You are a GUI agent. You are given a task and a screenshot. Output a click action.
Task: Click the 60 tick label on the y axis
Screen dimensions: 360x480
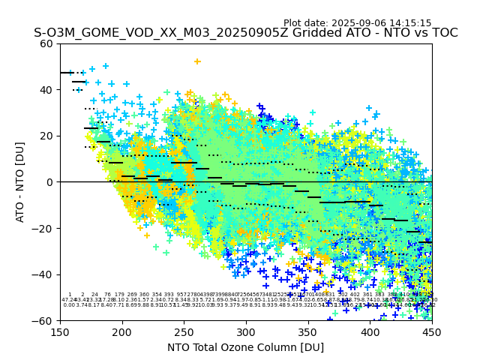click(47, 43)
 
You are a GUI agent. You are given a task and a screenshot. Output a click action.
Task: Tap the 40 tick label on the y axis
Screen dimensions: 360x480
click(47, 90)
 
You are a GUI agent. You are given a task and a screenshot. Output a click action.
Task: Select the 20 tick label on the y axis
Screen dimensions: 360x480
click(47, 136)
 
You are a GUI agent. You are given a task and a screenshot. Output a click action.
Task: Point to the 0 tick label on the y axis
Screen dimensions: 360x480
click(50, 182)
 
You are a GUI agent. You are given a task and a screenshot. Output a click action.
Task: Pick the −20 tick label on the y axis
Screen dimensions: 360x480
click(44, 228)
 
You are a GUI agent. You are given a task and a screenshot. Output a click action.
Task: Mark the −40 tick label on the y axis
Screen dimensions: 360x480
click(44, 274)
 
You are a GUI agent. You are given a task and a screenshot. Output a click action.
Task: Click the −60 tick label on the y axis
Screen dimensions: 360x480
click(44, 320)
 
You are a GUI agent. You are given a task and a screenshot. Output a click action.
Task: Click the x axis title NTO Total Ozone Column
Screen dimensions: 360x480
click(246, 347)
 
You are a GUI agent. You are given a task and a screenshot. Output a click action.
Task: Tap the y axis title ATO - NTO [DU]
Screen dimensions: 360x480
click(20, 182)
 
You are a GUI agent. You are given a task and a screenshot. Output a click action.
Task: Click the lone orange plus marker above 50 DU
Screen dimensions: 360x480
click(197, 61)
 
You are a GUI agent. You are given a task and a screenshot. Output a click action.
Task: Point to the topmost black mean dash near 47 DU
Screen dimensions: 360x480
click(66, 73)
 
